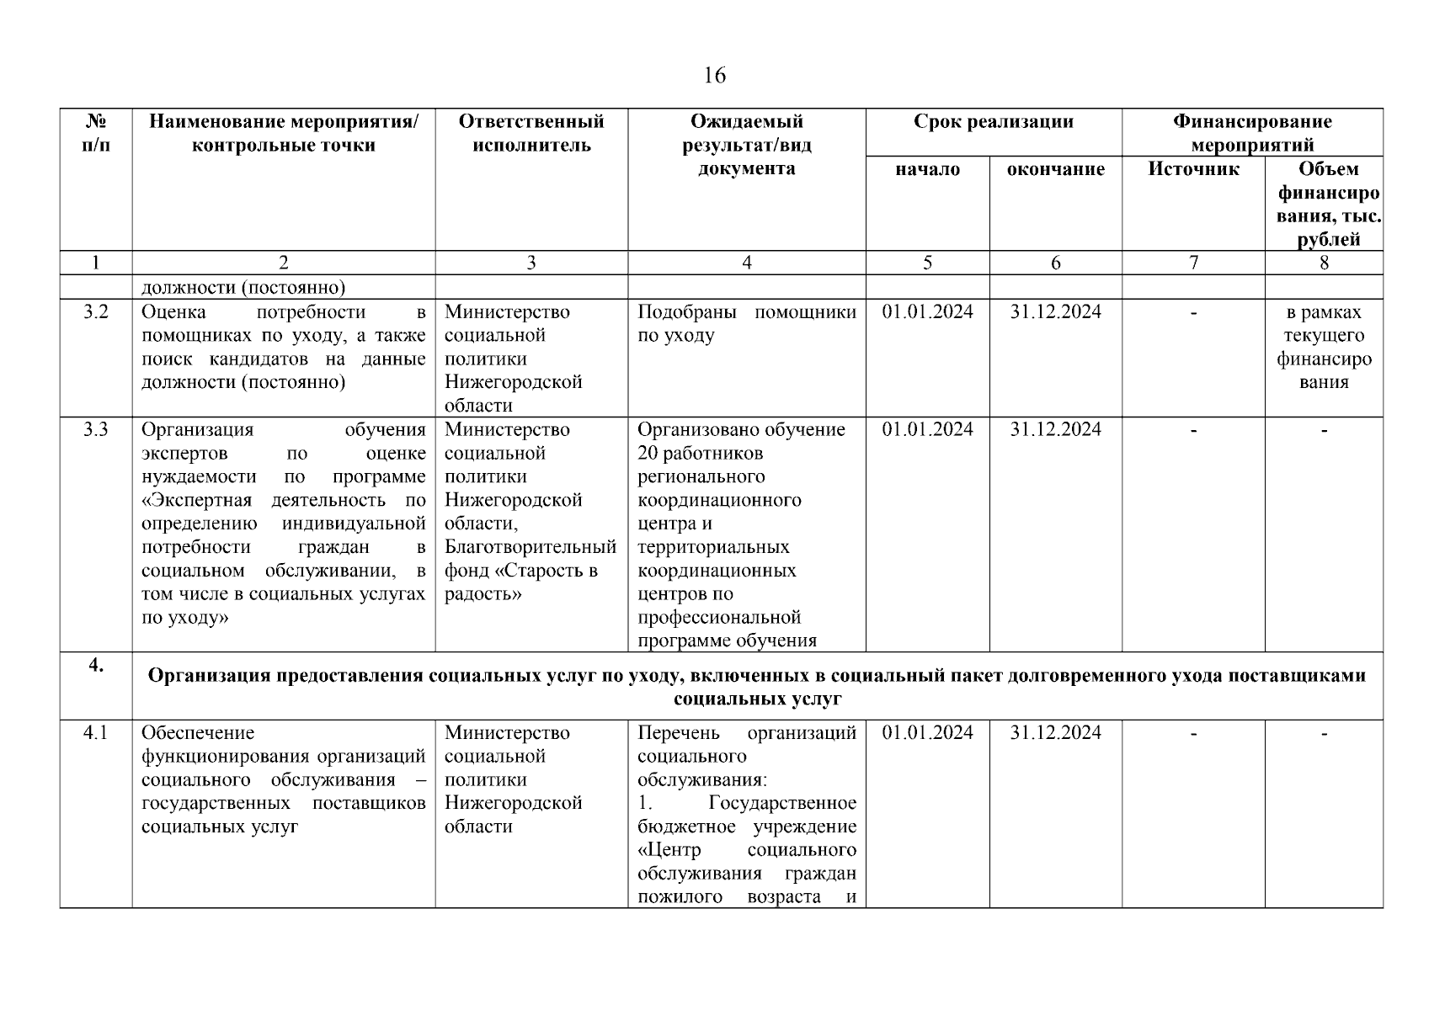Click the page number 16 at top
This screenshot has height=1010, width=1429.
(713, 76)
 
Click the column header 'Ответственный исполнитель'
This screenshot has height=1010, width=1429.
(531, 133)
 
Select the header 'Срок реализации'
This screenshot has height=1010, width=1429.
(993, 122)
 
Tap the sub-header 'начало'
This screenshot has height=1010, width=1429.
(927, 169)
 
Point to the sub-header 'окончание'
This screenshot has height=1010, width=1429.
(1055, 169)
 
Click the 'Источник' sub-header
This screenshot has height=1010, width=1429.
(1192, 169)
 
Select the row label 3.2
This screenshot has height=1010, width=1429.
(96, 312)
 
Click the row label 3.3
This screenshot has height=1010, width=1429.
(96, 430)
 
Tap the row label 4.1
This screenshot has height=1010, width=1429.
(96, 733)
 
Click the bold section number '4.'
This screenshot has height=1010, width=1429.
(96, 666)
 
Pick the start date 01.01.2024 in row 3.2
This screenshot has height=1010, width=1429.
(927, 312)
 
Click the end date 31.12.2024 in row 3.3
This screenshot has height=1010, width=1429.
(1055, 430)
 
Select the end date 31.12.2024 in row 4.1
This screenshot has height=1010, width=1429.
(1055, 733)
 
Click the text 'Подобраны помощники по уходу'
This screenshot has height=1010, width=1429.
(746, 324)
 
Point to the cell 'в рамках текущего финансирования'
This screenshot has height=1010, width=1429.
(1323, 347)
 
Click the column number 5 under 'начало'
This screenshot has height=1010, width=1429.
(927, 263)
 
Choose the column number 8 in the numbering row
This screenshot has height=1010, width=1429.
(1323, 263)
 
